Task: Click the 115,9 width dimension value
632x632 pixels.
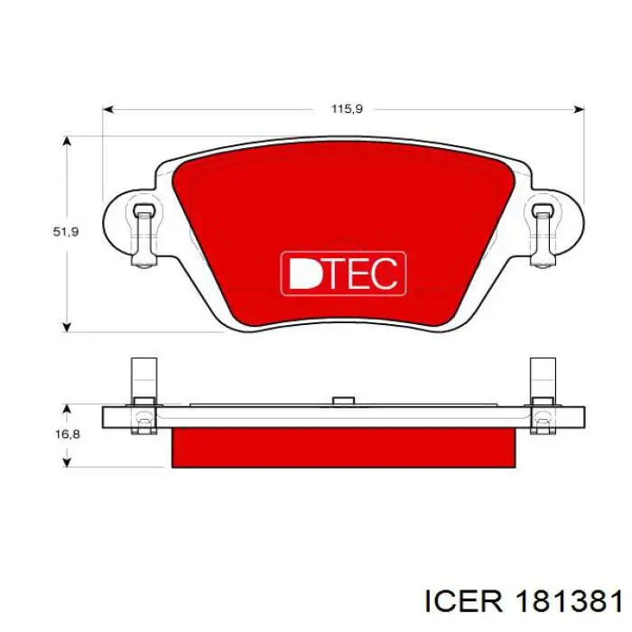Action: coord(347,109)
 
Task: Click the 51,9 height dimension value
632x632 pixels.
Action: coord(66,232)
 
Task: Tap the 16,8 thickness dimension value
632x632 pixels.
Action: coord(68,434)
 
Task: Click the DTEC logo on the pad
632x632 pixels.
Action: coord(343,274)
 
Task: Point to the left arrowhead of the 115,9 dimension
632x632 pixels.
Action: coord(108,109)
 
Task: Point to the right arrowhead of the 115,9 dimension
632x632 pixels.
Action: coord(579,109)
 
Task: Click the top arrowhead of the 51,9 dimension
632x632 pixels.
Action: coord(68,142)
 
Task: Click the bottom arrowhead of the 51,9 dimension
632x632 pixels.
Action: coord(68,327)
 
